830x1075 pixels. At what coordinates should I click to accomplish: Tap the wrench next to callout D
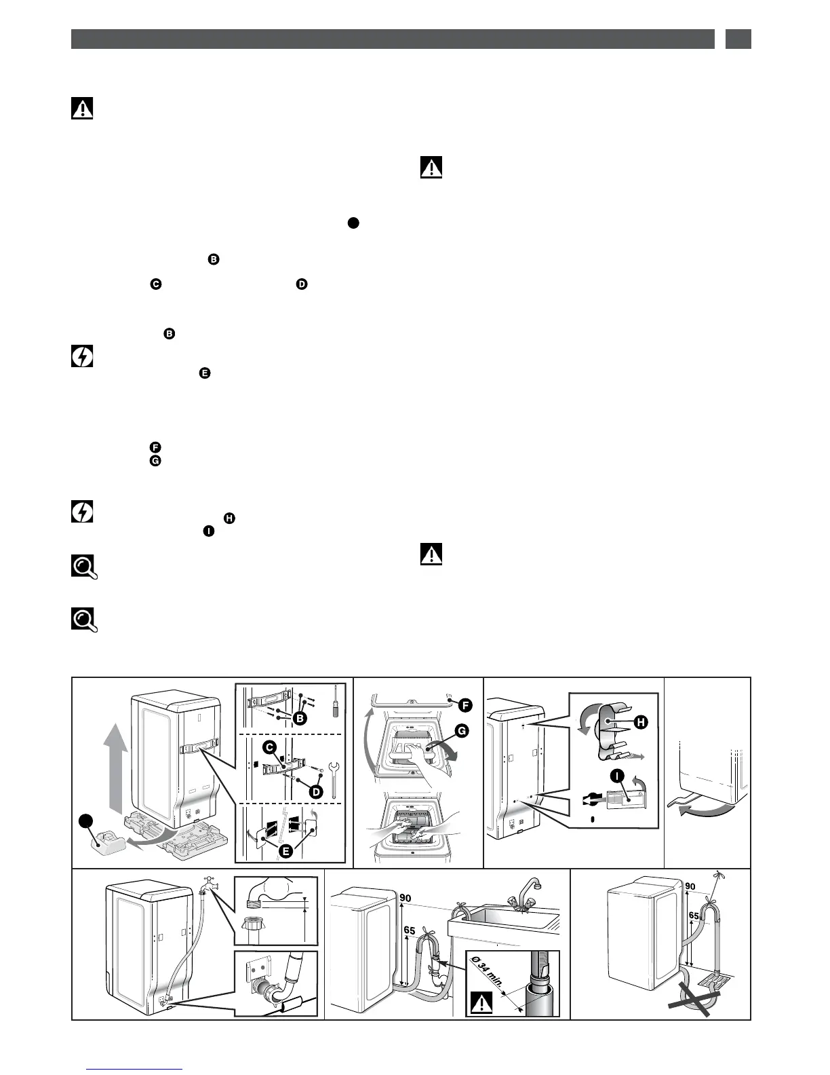[333, 780]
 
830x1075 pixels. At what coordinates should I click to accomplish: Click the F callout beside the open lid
[465, 705]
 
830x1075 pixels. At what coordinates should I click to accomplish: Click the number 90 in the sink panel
[406, 899]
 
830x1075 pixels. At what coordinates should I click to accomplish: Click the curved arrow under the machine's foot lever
[705, 811]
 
